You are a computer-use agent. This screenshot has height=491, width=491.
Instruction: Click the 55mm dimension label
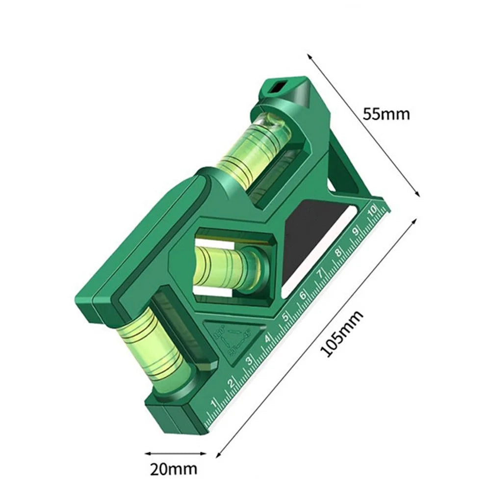tap(386, 114)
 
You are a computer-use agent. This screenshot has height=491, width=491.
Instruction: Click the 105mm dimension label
tap(341, 334)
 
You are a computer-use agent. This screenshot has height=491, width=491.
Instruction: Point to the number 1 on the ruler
tap(214, 404)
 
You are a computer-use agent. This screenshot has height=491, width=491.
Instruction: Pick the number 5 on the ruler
tap(285, 317)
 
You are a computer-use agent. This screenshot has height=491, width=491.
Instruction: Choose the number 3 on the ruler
tap(249, 361)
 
